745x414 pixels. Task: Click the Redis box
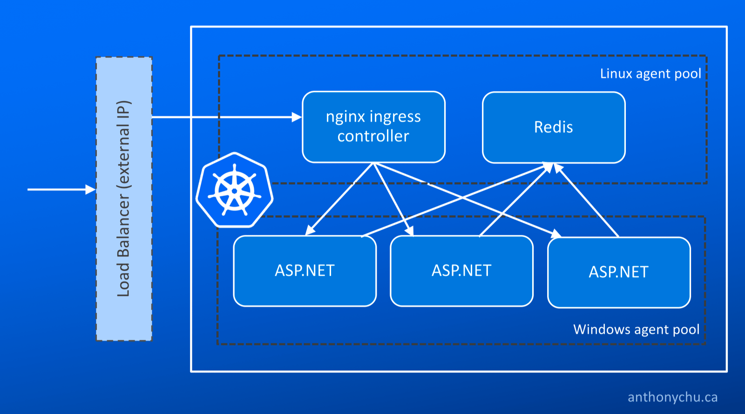click(554, 127)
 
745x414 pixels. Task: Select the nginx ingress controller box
click(373, 127)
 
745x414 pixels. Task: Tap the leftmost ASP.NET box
click(305, 271)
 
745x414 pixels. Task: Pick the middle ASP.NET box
click(461, 271)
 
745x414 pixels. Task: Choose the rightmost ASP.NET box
click(619, 272)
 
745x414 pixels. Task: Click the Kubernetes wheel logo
click(234, 190)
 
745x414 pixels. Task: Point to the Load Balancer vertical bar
click(124, 199)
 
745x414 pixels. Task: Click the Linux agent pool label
click(650, 74)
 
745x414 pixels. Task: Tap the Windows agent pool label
click(636, 329)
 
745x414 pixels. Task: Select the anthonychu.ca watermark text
click(672, 397)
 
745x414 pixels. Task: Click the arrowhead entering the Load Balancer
click(91, 189)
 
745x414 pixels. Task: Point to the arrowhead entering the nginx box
click(297, 117)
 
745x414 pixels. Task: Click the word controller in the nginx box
click(373, 136)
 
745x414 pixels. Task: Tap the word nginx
click(340, 117)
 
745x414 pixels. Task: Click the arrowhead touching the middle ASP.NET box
click(410, 231)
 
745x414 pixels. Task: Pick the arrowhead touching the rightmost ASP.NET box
click(556, 234)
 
